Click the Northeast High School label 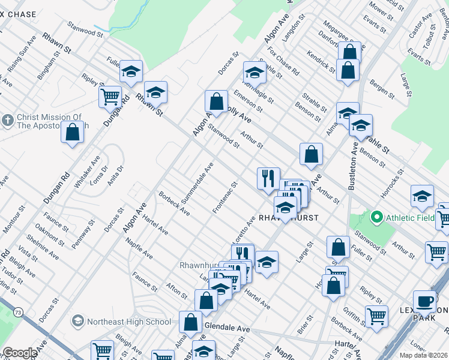point(129,322)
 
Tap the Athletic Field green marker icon point(377,216)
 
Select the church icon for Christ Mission point(8,121)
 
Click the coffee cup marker point(425,300)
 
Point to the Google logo point(20,353)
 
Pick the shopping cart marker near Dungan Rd point(110,96)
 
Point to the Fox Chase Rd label point(284,60)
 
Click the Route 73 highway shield point(19,313)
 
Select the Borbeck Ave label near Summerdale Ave point(174,204)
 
